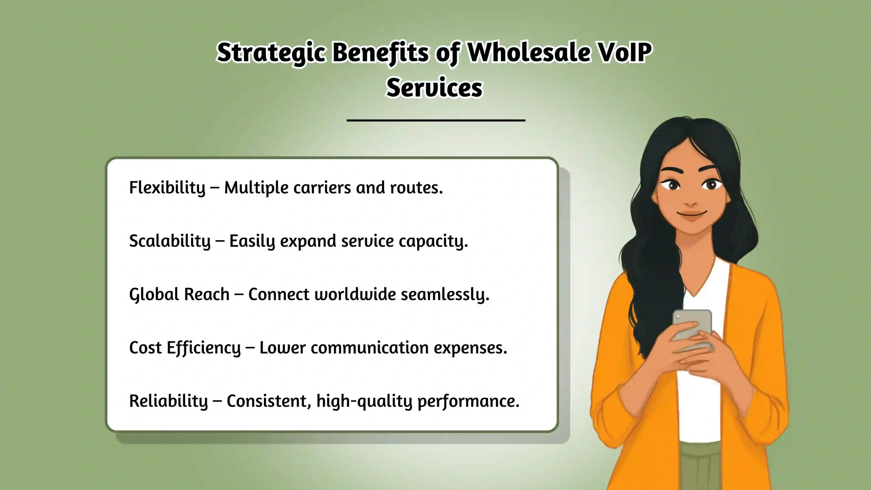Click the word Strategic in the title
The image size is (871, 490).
point(270,53)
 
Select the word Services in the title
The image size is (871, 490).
point(434,88)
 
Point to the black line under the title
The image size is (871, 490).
point(436,120)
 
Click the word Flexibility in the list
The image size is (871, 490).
point(167,187)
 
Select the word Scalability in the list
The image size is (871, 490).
point(170,241)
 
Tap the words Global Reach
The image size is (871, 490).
point(179,294)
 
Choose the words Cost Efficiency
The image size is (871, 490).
point(185,348)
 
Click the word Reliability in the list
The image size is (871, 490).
point(168,401)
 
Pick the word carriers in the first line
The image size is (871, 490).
point(322,187)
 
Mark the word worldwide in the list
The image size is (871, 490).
point(355,294)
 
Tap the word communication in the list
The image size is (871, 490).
point(369,348)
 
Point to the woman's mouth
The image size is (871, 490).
point(691,214)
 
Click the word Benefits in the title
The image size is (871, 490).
point(380,53)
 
